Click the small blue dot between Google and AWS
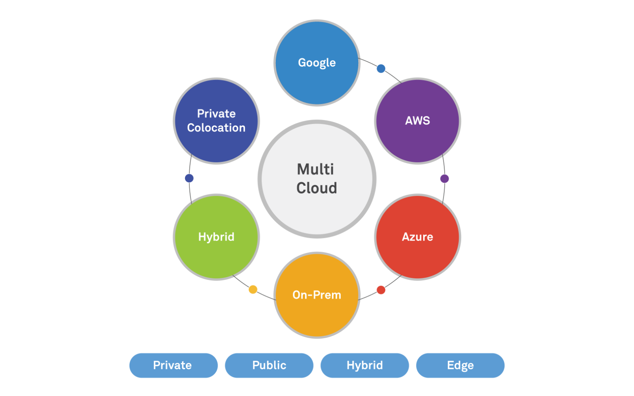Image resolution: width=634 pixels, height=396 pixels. click(x=381, y=69)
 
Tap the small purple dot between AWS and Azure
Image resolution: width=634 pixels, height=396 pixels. click(x=445, y=179)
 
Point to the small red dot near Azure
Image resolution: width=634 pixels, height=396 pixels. click(x=381, y=290)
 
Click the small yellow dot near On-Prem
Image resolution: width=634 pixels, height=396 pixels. click(x=253, y=289)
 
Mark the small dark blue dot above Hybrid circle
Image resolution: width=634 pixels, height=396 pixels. click(x=189, y=178)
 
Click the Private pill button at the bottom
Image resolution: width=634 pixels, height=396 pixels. click(x=173, y=365)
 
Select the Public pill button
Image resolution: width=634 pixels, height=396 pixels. click(x=269, y=365)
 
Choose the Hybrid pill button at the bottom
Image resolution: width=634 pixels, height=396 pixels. click(x=365, y=365)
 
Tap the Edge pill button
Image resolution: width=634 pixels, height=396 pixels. click(x=460, y=365)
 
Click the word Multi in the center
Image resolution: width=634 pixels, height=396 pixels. click(x=316, y=169)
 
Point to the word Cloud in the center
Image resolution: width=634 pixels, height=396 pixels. click(x=317, y=188)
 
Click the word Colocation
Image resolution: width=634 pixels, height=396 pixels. click(x=216, y=128)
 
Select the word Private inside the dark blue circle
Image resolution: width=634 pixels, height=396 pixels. click(x=216, y=114)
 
